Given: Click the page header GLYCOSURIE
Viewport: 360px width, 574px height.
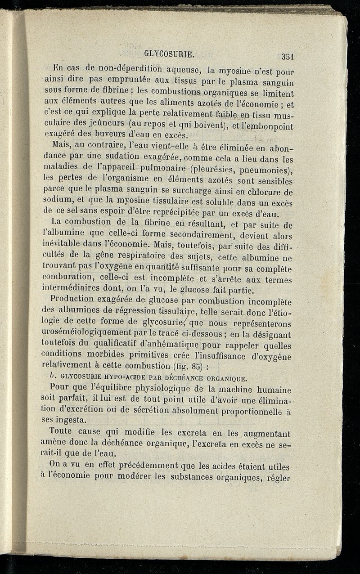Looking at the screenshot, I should pos(169,54).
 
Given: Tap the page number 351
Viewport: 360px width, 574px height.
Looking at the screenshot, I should pos(288,56).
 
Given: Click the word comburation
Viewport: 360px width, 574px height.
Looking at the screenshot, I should pos(71,274).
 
